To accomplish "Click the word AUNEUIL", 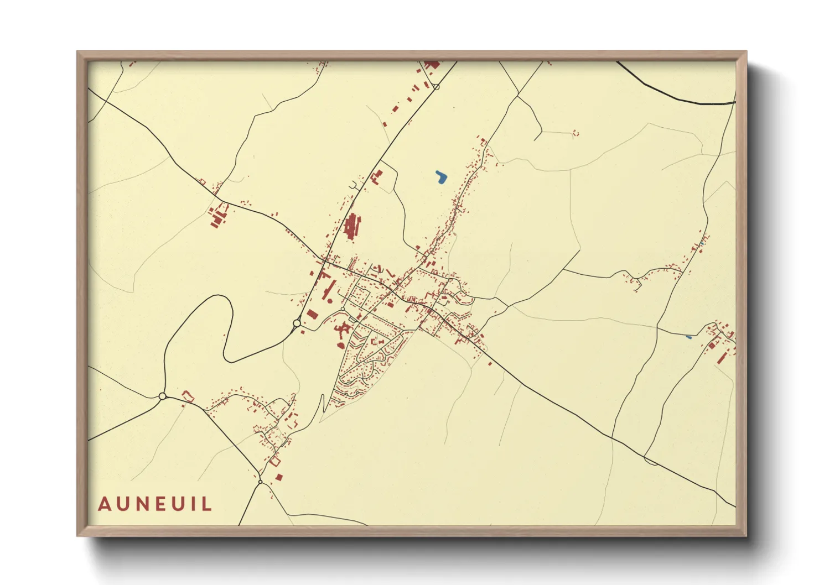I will click(x=155, y=504).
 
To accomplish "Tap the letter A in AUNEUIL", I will click(x=104, y=504).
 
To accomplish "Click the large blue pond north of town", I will click(x=441, y=177).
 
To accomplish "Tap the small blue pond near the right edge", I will click(x=688, y=337).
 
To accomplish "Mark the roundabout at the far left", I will click(x=162, y=396).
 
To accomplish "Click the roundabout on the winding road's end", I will click(x=297, y=323).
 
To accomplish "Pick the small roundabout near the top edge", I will click(x=436, y=87).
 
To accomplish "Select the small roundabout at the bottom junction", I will click(x=260, y=482).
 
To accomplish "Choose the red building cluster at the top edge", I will click(x=431, y=65).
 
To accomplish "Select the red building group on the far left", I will click(x=217, y=217).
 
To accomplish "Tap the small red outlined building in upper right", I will click(x=576, y=133).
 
